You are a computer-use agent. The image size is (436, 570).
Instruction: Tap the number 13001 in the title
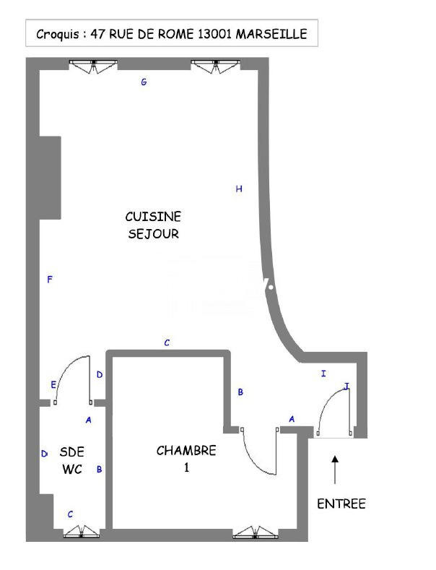point(217,34)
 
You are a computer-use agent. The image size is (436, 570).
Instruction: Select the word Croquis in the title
point(58,34)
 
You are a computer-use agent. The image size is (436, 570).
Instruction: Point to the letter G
point(144,82)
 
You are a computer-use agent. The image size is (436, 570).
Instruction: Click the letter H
point(239,189)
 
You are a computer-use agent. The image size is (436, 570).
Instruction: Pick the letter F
point(49,280)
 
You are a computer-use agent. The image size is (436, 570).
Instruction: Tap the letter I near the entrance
point(323,373)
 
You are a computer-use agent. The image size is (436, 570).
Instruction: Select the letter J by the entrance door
point(346,387)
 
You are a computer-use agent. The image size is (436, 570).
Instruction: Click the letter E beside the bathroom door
point(53,385)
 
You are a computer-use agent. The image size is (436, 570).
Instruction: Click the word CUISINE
point(153,217)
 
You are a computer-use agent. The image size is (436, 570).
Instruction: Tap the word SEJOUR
point(153,234)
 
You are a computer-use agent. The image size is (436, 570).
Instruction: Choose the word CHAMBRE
point(186,451)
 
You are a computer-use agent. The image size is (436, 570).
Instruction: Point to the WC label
point(72,470)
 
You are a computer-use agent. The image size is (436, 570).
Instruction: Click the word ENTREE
point(341,504)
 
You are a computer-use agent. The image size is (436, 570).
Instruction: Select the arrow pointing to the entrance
point(334,470)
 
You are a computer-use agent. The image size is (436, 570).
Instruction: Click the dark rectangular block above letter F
point(49,176)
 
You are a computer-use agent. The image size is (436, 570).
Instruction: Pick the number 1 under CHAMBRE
point(186,468)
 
